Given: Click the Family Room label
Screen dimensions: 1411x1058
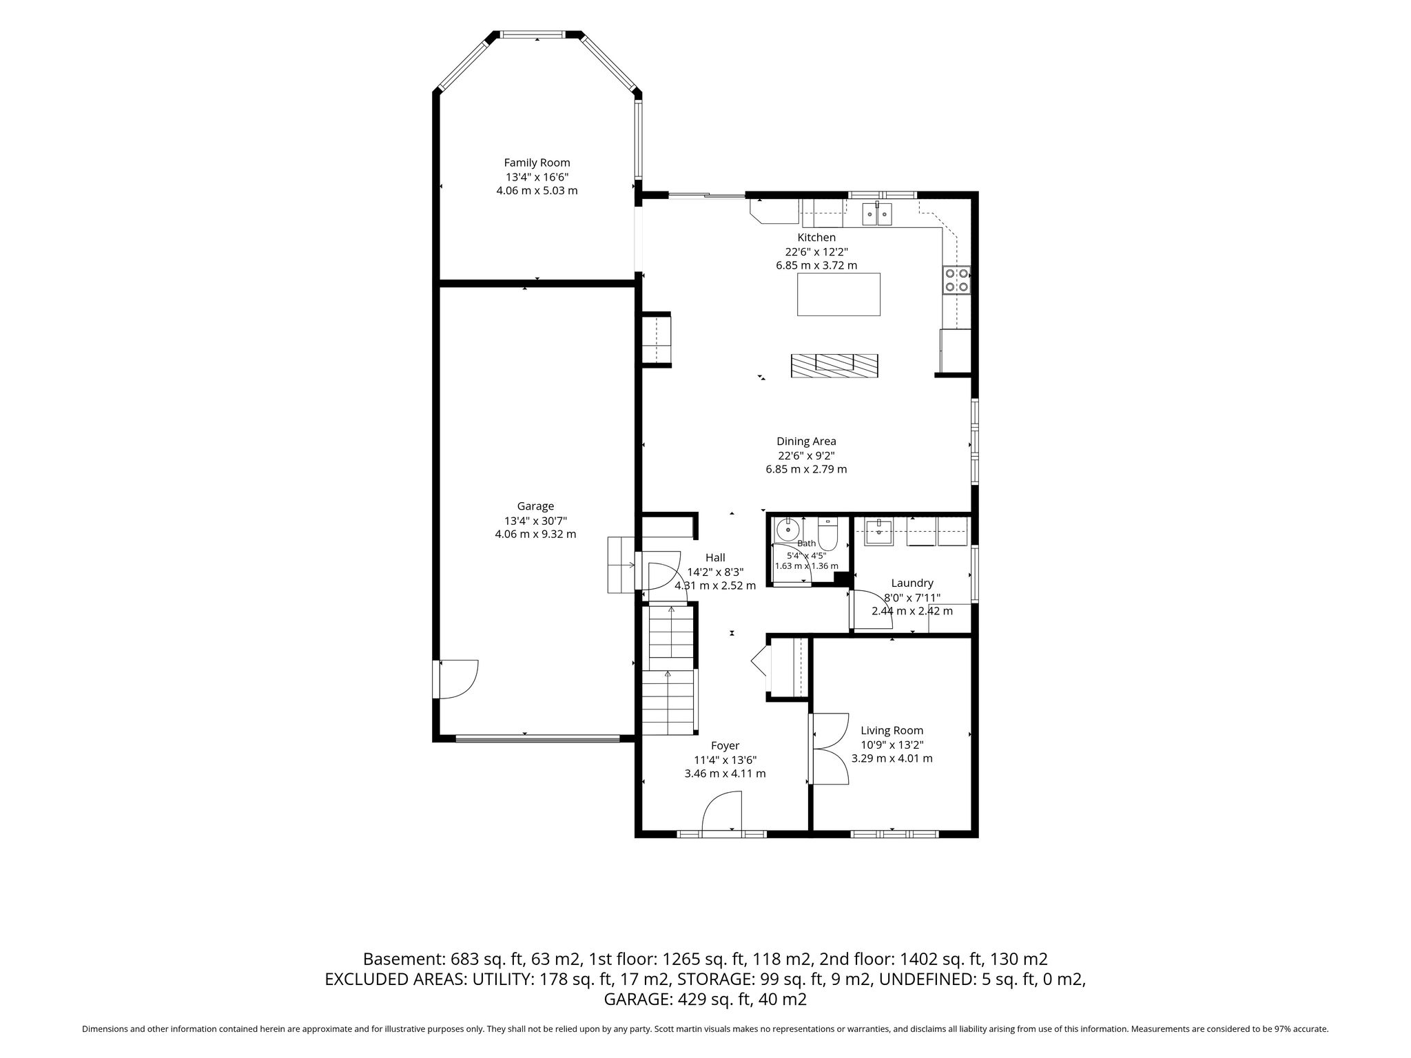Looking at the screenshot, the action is (537, 163).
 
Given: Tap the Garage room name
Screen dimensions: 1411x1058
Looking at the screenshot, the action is (535, 506).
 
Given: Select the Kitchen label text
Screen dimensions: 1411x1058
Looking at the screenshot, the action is (816, 238).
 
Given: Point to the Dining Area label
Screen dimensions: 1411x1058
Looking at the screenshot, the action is (806, 442).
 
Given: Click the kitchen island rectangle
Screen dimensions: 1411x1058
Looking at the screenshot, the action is (838, 294).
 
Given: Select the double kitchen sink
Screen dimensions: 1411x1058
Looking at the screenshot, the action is (877, 214).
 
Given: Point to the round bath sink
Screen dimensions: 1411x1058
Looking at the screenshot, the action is (787, 530).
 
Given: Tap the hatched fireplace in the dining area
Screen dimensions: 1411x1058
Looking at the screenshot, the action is (834, 365).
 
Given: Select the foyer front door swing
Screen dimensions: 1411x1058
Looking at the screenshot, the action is (721, 812).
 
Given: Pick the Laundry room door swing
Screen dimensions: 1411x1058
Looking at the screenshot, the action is (872, 610).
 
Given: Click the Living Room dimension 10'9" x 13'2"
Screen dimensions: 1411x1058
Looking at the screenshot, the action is (892, 745).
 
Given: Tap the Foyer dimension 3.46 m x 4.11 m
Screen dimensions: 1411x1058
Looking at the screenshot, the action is (725, 774).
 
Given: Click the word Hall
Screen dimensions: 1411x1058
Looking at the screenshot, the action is (715, 558).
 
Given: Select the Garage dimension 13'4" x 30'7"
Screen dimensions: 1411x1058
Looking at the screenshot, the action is (535, 520).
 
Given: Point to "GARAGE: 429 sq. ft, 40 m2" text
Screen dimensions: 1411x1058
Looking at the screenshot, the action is (705, 999).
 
